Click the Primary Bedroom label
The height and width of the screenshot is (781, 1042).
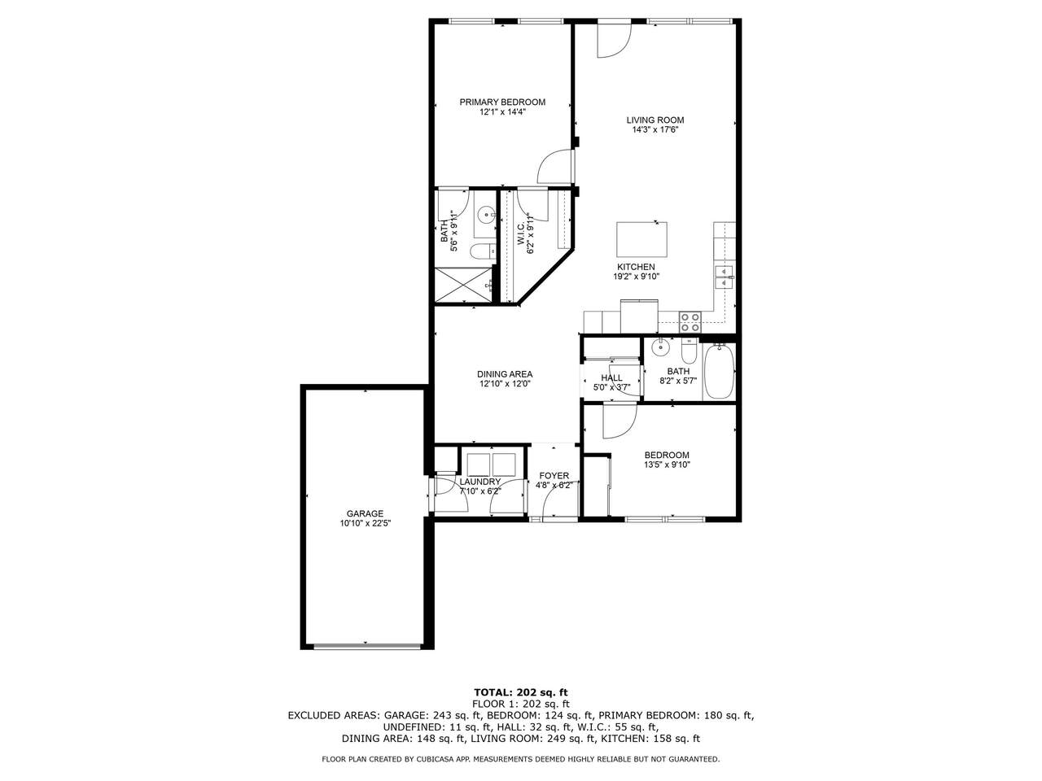tap(502, 102)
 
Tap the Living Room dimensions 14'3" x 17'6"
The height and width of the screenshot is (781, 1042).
tap(655, 130)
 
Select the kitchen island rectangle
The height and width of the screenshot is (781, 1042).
tap(641, 239)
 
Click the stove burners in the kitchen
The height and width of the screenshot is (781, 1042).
tap(690, 322)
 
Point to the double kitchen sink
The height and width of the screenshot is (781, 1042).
tap(724, 277)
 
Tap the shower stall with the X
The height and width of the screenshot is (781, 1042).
tap(464, 284)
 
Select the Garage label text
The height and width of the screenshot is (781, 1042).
tap(365, 513)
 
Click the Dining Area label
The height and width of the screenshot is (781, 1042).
tap(505, 374)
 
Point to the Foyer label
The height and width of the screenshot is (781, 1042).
tap(554, 476)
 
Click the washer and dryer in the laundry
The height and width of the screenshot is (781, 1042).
tap(492, 465)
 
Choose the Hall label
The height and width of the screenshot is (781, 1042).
tap(611, 378)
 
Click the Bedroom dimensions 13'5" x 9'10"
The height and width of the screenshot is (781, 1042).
tap(667, 465)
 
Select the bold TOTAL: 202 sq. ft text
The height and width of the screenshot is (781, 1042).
tap(521, 692)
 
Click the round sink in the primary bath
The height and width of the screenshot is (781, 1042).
tap(486, 215)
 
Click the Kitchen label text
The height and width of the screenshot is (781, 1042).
tap(636, 267)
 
